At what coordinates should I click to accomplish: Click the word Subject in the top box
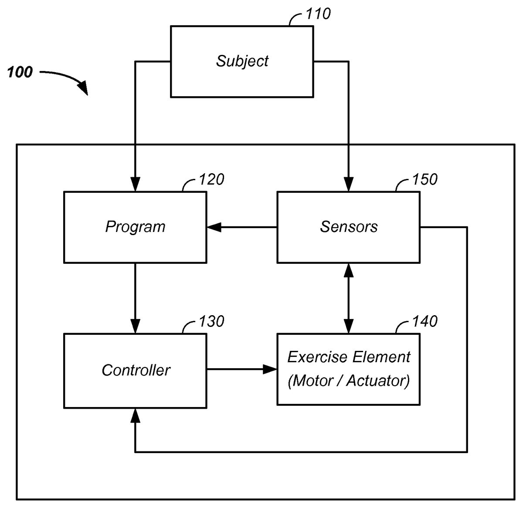point(242,61)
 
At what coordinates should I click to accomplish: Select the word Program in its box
point(135,227)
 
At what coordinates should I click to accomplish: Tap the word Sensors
point(349,227)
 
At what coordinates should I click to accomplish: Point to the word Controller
point(136,370)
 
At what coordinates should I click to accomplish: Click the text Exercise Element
point(349,357)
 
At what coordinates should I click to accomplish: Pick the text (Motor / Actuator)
point(349,381)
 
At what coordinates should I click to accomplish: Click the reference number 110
point(318,14)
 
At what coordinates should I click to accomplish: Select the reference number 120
point(211,179)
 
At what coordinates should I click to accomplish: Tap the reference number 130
point(211,321)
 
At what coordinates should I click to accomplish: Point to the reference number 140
point(425,321)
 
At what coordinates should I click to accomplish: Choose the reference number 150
point(425,179)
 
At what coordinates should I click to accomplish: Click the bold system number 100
point(20,72)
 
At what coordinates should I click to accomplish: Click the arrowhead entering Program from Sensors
point(214,227)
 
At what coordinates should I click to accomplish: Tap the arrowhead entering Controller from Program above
point(135,327)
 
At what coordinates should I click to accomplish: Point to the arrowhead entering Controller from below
point(136,415)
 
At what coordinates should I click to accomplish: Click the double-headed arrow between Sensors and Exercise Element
point(348,298)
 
